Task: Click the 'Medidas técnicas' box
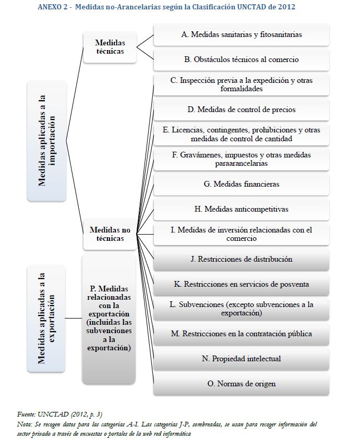click(x=110, y=46)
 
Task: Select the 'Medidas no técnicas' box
click(x=110, y=234)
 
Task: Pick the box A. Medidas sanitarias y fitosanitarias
click(x=241, y=34)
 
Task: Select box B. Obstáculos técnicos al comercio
click(x=241, y=59)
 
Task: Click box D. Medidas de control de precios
click(x=241, y=109)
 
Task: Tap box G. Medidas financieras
click(x=241, y=184)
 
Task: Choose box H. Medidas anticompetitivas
click(x=241, y=209)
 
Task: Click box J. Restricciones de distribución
click(x=241, y=259)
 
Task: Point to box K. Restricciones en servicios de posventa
click(x=241, y=284)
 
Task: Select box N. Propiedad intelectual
click(x=241, y=359)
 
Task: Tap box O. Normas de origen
click(x=241, y=384)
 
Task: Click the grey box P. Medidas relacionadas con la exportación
click(x=110, y=318)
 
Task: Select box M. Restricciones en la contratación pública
click(x=241, y=334)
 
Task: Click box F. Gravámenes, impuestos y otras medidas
click(x=241, y=159)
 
